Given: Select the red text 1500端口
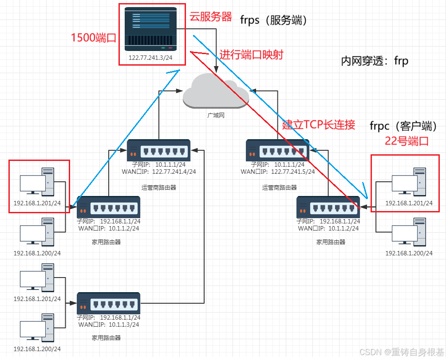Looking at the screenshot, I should tap(94, 38).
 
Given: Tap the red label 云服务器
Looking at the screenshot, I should tap(211, 17).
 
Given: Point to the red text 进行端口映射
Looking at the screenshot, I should tap(251, 55).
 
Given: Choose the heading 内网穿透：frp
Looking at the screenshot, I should tap(374, 61).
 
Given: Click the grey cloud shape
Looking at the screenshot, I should tap(216, 91).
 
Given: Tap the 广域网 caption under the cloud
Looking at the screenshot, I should tap(216, 114).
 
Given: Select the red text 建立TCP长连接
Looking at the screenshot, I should tap(319, 125).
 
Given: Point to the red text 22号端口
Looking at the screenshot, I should tap(407, 141).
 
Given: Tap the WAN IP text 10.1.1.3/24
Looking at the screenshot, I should tap(120, 324).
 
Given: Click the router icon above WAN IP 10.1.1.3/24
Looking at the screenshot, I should tap(109, 303).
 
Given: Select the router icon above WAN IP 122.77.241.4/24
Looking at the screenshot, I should tap(158, 150).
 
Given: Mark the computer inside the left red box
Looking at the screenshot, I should tap(37, 181).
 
